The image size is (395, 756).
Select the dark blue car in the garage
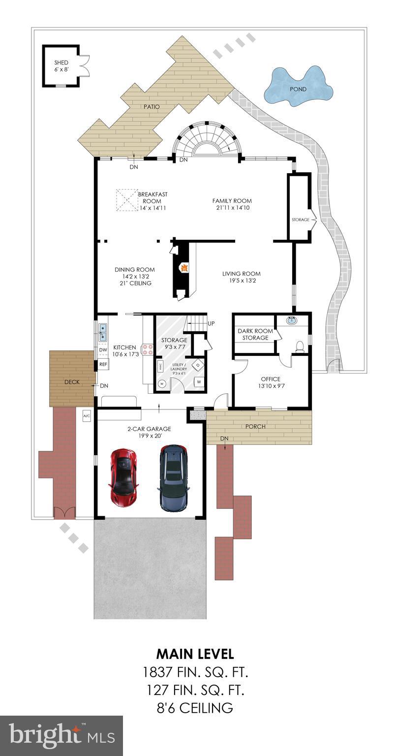coord(173,477)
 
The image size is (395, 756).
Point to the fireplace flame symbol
coord(184,268)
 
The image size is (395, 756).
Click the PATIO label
coord(152,106)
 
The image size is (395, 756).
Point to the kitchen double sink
coord(103,332)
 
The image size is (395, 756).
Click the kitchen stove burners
coord(147,349)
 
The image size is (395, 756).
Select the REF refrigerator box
coord(103,364)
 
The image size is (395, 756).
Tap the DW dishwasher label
coord(103,350)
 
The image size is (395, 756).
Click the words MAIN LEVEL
coord(195,654)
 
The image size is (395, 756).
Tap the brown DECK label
coord(72,382)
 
